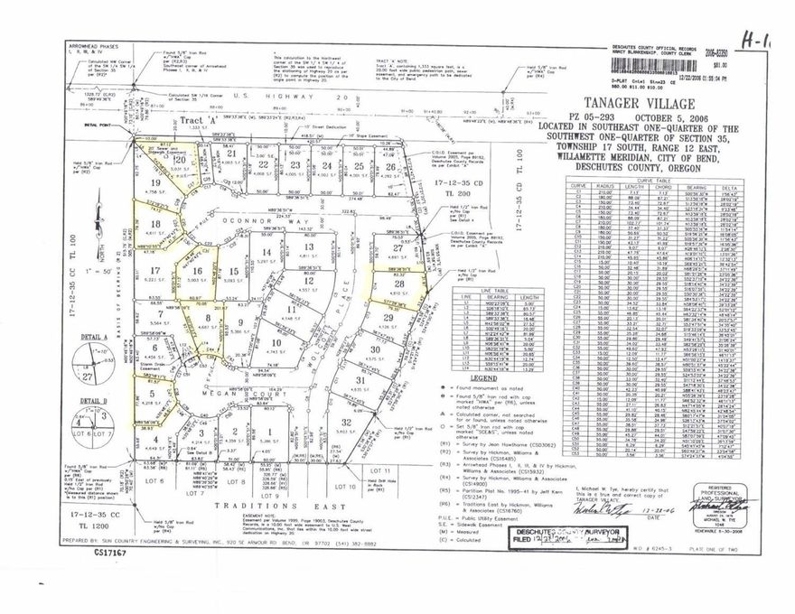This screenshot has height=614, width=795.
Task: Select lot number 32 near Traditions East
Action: click(x=346, y=422)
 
